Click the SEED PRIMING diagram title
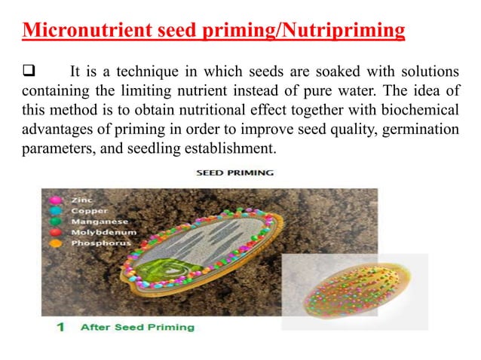[235, 172]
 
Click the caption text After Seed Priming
[136, 327]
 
